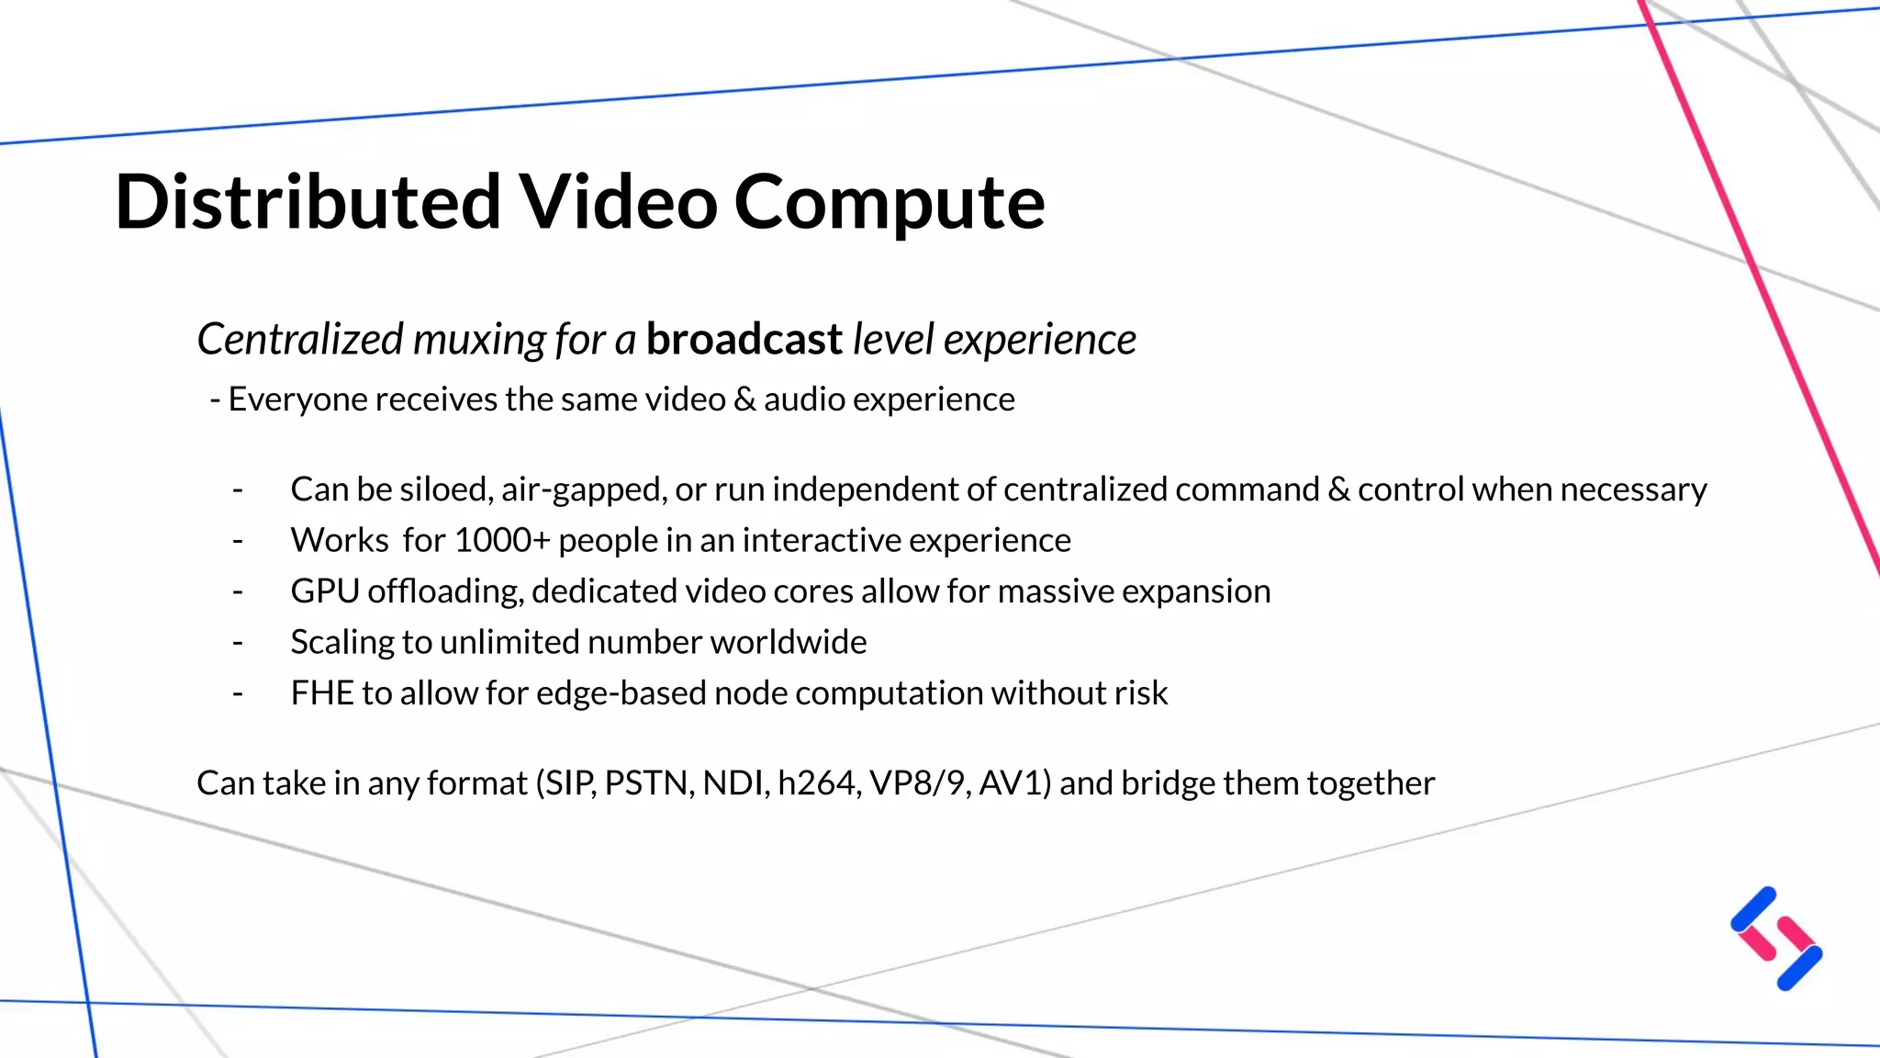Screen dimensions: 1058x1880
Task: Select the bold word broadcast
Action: tap(744, 339)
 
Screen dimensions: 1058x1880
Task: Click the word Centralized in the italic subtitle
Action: tap(300, 339)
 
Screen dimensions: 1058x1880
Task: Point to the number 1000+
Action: tap(501, 540)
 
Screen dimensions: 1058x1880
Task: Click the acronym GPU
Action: tap(324, 591)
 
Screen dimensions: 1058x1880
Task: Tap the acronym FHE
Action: tap(321, 692)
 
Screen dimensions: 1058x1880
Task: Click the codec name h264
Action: tap(819, 783)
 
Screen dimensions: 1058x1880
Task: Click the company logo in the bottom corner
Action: tap(1776, 938)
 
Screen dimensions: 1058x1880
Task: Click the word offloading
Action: tap(445, 591)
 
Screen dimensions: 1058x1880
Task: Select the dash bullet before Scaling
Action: tap(238, 642)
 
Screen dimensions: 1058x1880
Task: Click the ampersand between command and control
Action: tap(1338, 490)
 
